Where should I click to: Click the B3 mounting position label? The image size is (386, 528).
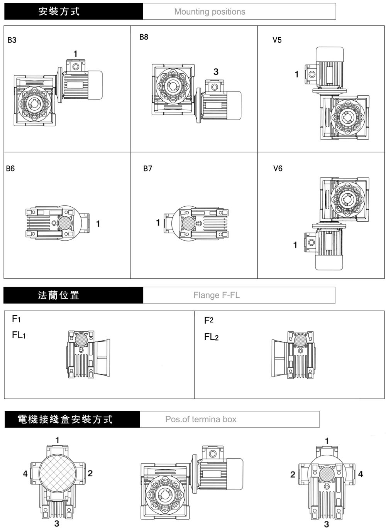(x=12, y=40)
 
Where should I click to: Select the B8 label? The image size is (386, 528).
(x=144, y=37)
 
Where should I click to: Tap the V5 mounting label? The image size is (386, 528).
(x=277, y=40)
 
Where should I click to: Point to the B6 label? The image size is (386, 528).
(x=10, y=169)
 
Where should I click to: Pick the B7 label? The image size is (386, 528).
(x=147, y=169)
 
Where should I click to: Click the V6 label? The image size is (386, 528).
(x=278, y=169)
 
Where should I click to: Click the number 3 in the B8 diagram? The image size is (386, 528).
(x=216, y=72)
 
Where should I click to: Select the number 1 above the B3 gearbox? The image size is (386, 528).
(x=75, y=54)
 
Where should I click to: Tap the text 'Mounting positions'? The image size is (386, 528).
(x=210, y=12)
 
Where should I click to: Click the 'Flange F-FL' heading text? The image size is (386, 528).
(x=217, y=295)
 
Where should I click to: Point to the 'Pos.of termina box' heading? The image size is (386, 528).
(x=201, y=419)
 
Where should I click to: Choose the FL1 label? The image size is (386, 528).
(x=19, y=335)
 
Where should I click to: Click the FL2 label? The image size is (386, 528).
(x=211, y=337)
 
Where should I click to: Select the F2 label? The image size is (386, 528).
(x=208, y=320)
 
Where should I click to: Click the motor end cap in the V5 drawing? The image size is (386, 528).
(x=329, y=53)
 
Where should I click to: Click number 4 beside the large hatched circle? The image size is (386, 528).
(x=25, y=473)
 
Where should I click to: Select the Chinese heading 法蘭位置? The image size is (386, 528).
(x=59, y=295)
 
